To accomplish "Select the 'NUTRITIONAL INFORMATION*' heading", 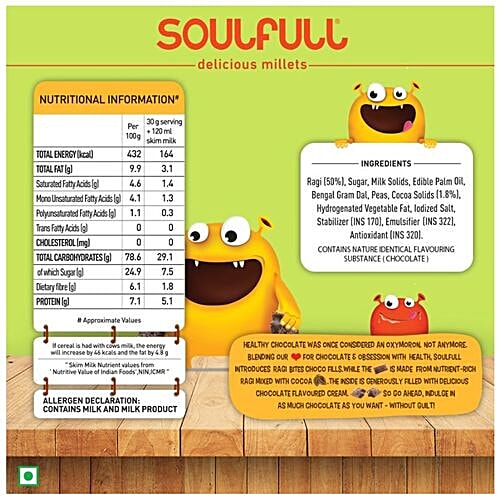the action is click(x=108, y=100).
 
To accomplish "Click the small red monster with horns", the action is click(x=397, y=317).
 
